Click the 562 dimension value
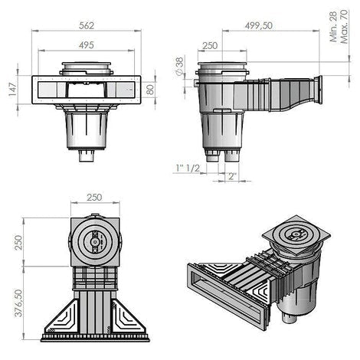(x=87, y=25)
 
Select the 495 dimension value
(x=87, y=45)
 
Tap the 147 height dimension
(x=13, y=90)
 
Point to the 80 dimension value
(x=151, y=90)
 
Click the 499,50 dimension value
(x=259, y=26)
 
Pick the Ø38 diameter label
(x=180, y=66)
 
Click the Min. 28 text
(x=334, y=27)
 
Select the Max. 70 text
(x=344, y=27)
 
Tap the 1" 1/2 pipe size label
(x=188, y=168)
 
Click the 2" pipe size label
(x=232, y=176)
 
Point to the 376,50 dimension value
(x=18, y=303)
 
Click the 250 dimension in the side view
(x=210, y=46)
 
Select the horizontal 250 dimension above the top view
(x=94, y=198)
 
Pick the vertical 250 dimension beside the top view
(x=18, y=243)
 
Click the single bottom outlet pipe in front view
(x=87, y=155)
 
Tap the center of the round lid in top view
(x=95, y=242)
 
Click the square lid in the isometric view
(x=296, y=235)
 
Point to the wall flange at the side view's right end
(x=318, y=90)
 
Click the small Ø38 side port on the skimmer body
(x=196, y=83)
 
